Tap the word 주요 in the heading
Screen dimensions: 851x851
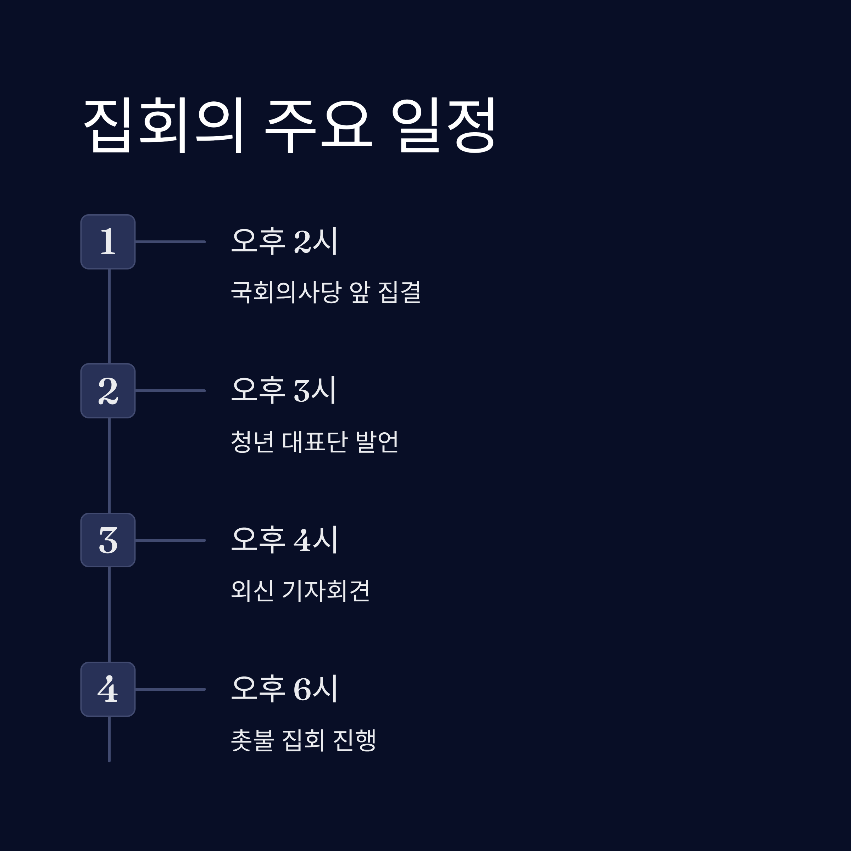318,126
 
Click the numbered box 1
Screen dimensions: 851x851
108,242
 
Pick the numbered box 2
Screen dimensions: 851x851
108,391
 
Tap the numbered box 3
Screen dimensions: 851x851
108,540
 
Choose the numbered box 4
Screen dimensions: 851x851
108,689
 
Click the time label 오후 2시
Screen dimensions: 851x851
284,241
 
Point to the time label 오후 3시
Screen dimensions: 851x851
284,390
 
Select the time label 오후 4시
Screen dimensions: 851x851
284,539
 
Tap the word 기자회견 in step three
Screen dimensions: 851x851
326,590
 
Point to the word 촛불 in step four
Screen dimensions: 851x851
252,740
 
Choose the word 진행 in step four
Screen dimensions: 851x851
355,740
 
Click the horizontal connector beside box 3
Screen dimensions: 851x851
171,540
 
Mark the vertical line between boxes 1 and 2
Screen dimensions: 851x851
109,316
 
